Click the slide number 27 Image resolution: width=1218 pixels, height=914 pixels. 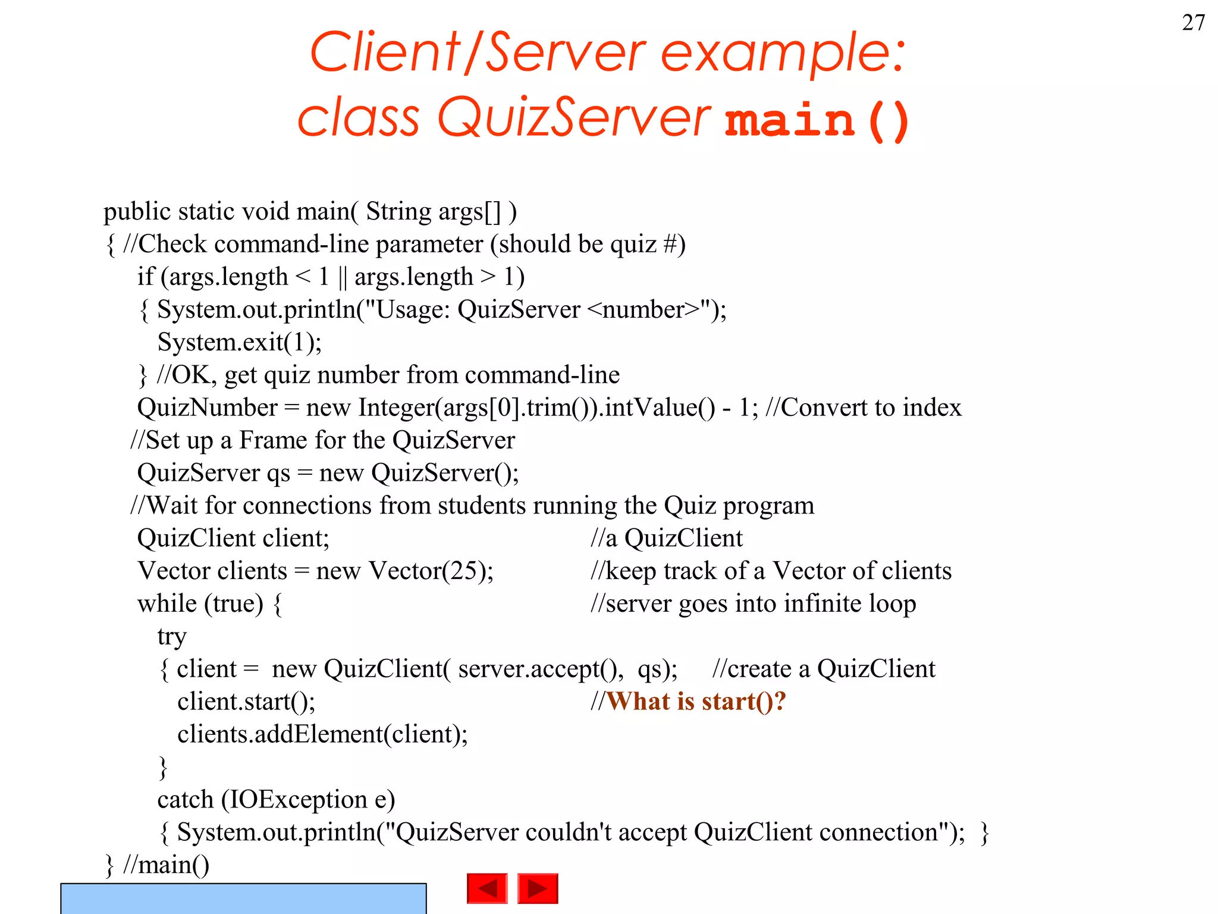point(1193,23)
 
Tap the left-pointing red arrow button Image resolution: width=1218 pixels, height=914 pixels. point(487,888)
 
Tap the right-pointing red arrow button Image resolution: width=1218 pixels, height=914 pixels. point(538,888)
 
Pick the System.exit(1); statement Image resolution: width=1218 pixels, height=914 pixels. point(240,342)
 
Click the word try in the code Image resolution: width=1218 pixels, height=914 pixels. point(172,637)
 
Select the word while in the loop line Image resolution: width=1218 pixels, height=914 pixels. point(167,603)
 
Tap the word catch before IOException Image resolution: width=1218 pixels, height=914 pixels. point(185,800)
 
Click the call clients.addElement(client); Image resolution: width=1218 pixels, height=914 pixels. point(322,734)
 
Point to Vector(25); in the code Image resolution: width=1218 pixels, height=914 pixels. point(431,571)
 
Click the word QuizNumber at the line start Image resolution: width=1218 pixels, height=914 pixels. point(207,408)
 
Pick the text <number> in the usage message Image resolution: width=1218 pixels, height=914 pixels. point(643,309)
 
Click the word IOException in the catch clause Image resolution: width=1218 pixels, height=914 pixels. point(299,800)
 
